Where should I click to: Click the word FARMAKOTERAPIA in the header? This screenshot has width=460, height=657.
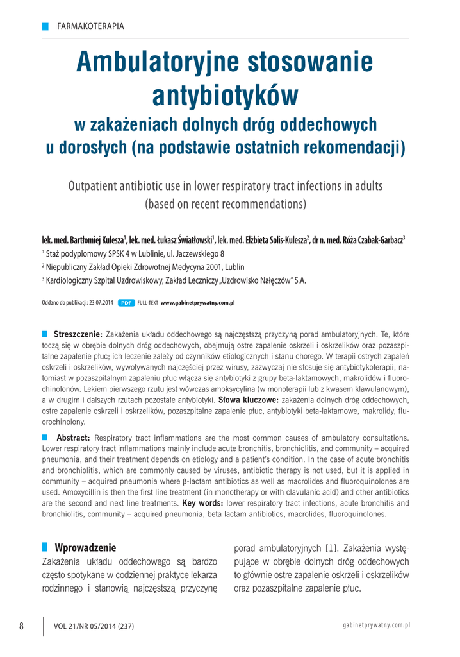[x=90, y=26]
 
